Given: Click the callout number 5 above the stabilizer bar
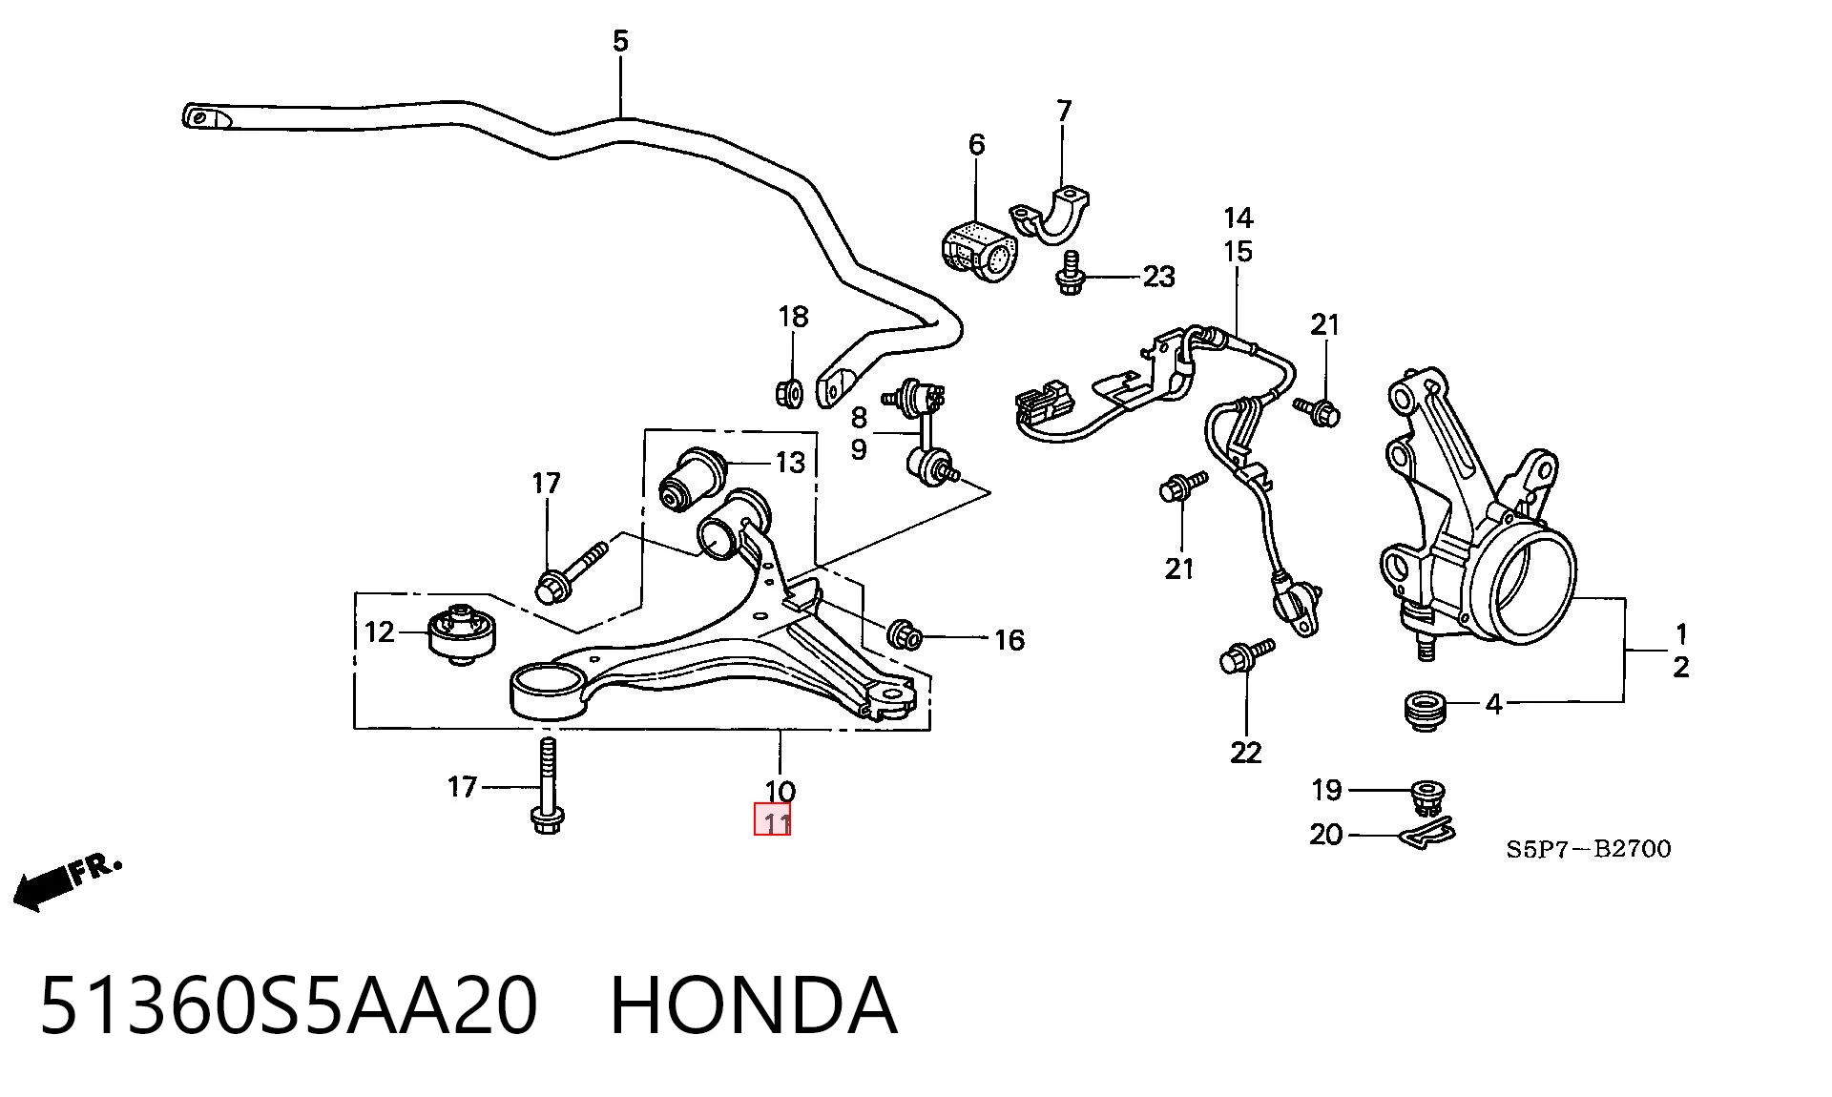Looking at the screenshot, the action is coord(620,41).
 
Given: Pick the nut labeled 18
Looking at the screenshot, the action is coord(790,391).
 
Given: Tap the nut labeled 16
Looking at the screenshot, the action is coord(903,634).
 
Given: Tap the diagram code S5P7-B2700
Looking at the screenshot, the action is coord(1589,848).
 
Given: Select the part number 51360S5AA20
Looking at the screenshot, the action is coord(288,1006).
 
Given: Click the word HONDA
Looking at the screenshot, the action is coord(753,1006).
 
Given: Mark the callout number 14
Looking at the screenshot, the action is coord(1238,218).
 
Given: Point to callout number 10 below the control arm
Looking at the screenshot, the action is coord(780,791).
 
